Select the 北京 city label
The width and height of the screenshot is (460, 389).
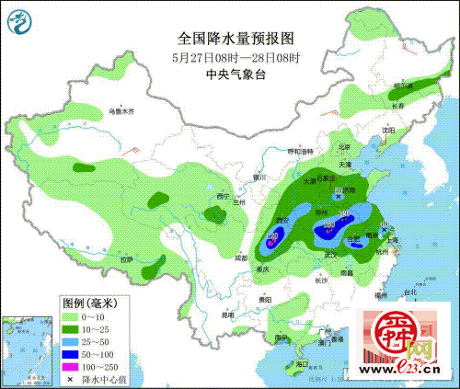coord(344,146)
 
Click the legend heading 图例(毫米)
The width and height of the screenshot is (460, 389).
coord(92,301)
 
